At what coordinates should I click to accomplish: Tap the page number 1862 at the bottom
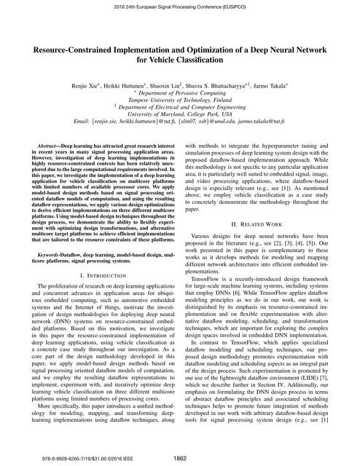180,457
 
